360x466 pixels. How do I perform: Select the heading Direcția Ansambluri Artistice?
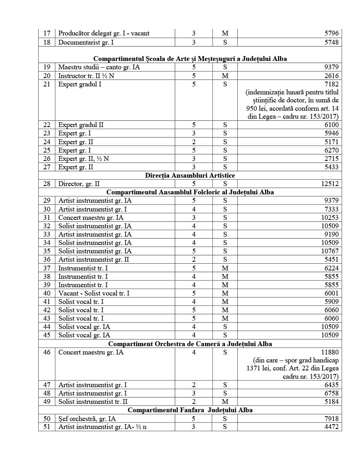[190, 175]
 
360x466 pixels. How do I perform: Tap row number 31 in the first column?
[47, 217]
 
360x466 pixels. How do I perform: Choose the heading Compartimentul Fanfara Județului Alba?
[190, 410]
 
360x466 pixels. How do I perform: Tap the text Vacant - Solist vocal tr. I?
[94, 293]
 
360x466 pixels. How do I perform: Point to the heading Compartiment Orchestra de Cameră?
[190, 343]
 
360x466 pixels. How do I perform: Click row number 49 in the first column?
[47, 401]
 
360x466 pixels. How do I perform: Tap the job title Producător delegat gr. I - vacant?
[104, 33]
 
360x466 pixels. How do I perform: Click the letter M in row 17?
[225, 33]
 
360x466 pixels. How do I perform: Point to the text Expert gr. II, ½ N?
[84, 159]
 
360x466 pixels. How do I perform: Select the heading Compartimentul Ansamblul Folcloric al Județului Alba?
[190, 192]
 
